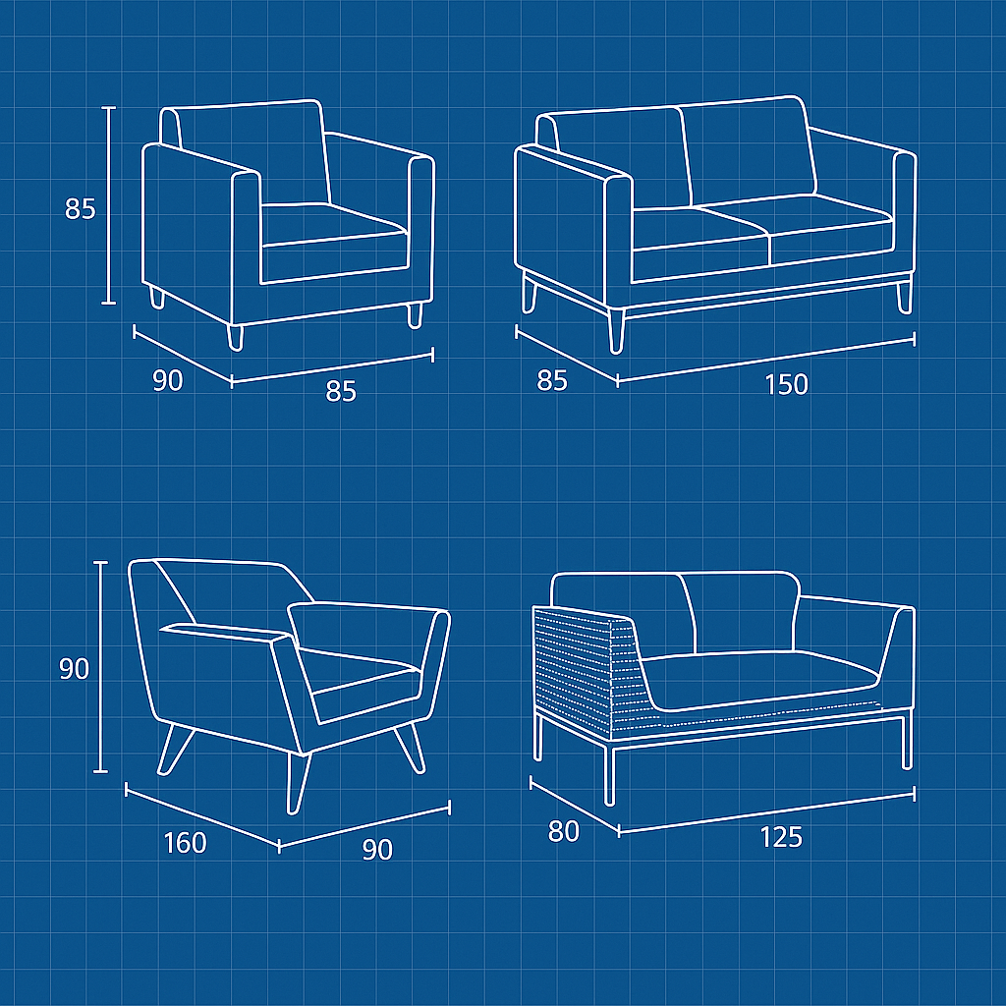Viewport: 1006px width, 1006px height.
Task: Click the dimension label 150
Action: [x=787, y=384]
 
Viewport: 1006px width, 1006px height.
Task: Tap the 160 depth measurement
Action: [x=186, y=842]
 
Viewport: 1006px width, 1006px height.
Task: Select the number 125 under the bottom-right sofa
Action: [x=781, y=837]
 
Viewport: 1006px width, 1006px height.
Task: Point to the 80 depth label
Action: [x=563, y=831]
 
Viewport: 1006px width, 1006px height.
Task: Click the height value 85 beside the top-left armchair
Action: [x=81, y=209]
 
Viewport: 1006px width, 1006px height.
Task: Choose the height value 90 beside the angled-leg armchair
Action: [x=74, y=669]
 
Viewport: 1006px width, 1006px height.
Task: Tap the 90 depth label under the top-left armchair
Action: [x=167, y=380]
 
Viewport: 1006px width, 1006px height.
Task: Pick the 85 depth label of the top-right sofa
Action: [x=552, y=380]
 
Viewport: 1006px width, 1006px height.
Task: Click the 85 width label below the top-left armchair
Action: [x=341, y=391]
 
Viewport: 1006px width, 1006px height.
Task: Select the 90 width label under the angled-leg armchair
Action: [x=377, y=849]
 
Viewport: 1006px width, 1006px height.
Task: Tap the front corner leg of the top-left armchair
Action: [x=236, y=338]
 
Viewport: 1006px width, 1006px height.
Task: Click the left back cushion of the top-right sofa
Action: [x=619, y=158]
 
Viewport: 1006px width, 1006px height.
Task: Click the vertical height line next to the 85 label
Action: [x=109, y=205]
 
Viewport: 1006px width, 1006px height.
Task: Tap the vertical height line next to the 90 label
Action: [x=101, y=667]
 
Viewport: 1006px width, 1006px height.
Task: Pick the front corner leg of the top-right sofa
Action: [x=616, y=330]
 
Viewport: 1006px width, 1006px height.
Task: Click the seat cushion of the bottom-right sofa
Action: [x=760, y=680]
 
